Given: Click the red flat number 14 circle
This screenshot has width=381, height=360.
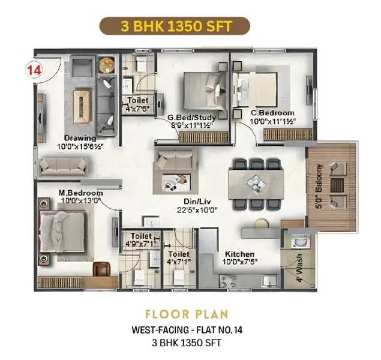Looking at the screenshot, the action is pos(34,70).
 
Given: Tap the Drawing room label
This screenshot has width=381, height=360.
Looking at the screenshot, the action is pos(80,138).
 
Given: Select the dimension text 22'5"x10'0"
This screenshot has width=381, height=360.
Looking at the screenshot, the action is pos(197,210).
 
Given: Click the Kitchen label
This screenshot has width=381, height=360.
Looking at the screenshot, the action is pos(240,254).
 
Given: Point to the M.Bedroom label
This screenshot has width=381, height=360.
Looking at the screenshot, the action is pos(81,193).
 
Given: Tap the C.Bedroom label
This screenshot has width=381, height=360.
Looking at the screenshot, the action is pos(272,113).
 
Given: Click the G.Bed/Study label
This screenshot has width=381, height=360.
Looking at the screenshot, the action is pos(192,118).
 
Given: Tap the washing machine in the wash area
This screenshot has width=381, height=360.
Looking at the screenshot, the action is pos(301,241).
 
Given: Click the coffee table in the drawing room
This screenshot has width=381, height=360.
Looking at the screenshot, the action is pos(82,107).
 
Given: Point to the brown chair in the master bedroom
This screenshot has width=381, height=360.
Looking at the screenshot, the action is pos(101,269).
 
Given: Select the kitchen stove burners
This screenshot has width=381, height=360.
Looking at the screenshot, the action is pos(228,281).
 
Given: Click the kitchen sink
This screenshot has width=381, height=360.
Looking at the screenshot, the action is pos(269,281).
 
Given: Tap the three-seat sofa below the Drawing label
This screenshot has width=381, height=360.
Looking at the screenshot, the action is pos(63,167).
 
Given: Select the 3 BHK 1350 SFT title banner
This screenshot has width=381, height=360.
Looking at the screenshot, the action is pos(175,26).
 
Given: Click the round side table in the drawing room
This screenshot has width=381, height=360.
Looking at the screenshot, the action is pos(107,65).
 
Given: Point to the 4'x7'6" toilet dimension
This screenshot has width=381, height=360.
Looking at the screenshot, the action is pos(138,109).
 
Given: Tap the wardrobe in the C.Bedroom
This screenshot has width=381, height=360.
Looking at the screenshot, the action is pos(287,135).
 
